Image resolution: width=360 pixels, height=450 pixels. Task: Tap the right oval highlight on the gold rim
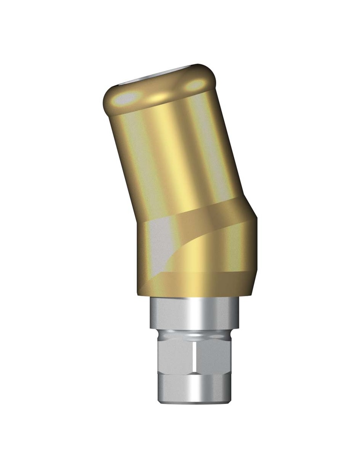point(196,85)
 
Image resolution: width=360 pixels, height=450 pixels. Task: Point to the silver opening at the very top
point(154,76)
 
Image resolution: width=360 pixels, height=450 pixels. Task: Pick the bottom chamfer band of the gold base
point(198,283)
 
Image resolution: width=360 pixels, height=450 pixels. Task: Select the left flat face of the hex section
point(174,356)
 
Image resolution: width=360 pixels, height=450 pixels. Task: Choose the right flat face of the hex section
point(211,356)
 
